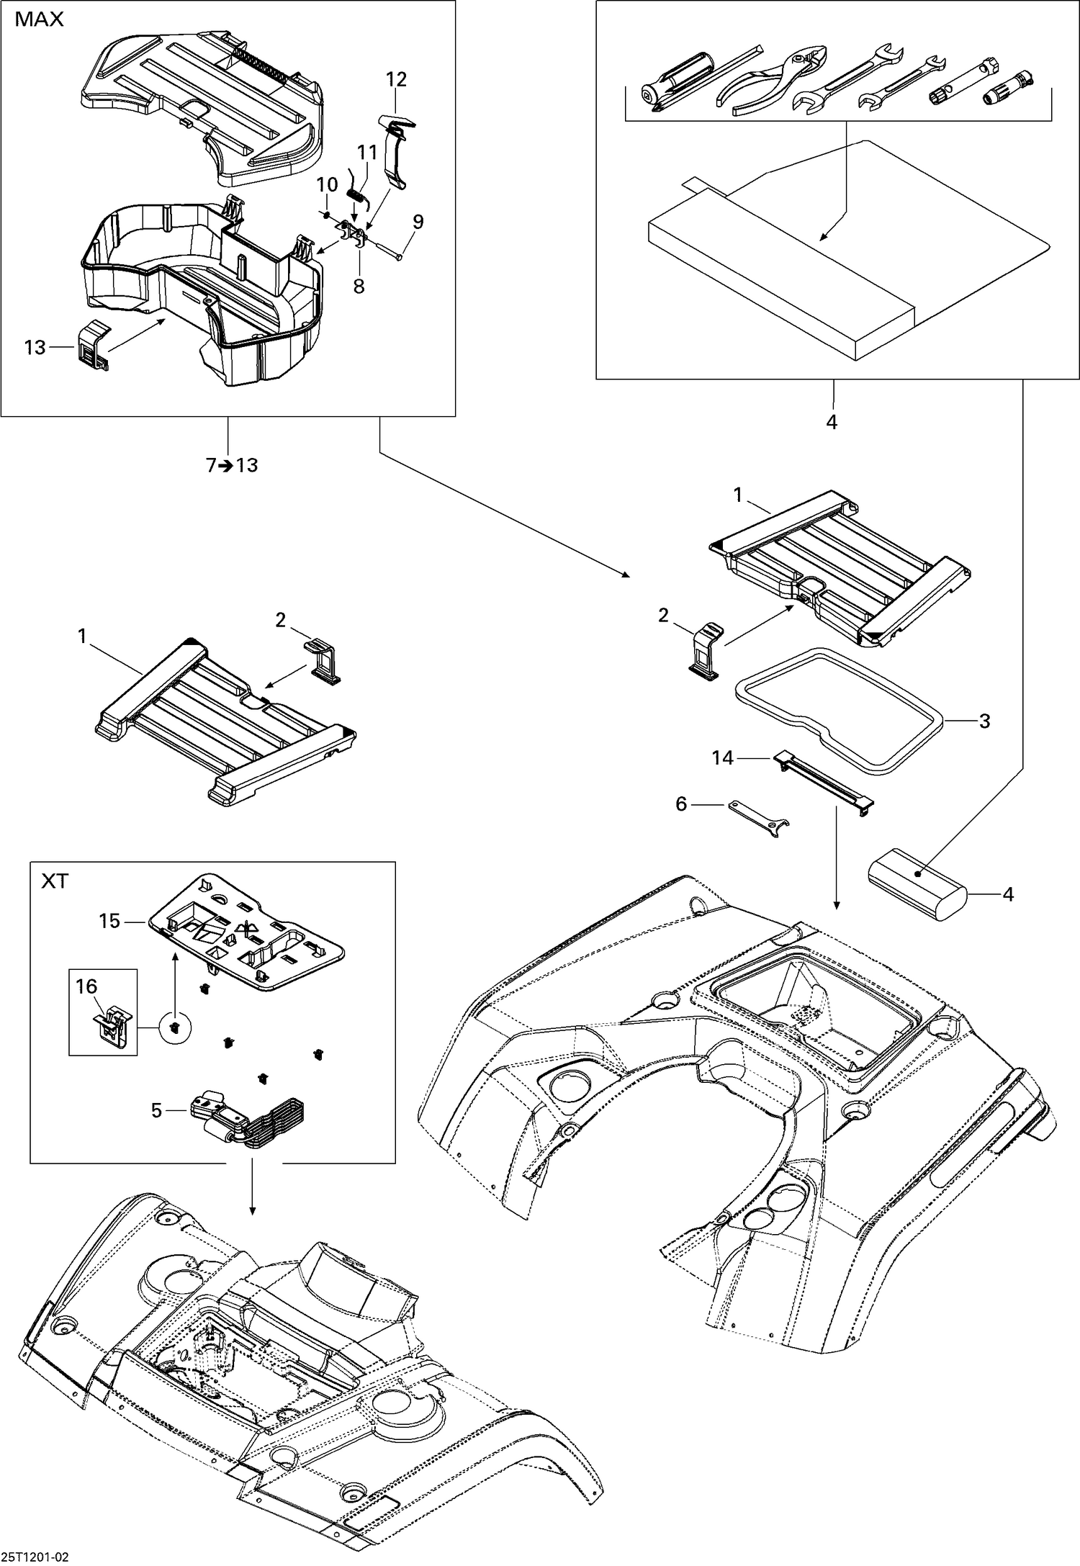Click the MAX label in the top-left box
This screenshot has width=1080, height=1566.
(40, 20)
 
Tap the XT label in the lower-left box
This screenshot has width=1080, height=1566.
(55, 881)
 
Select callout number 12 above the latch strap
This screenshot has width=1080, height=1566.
(396, 79)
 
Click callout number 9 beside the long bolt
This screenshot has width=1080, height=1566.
(418, 222)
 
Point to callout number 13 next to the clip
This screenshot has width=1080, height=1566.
(35, 348)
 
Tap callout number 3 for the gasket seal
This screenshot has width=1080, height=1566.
(984, 721)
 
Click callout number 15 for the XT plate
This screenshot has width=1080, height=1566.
(109, 922)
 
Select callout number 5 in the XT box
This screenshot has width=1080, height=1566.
(156, 1111)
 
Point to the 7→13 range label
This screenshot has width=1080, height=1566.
(232, 466)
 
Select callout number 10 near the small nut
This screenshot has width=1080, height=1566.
(327, 185)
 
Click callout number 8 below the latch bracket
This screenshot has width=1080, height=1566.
(359, 287)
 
